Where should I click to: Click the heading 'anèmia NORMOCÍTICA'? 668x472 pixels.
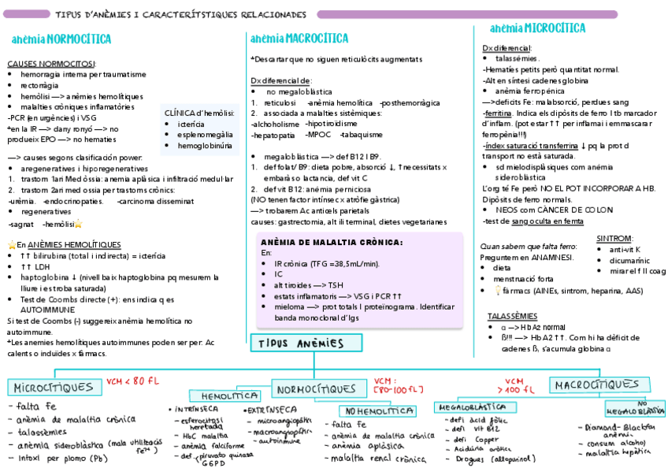(x=61, y=39)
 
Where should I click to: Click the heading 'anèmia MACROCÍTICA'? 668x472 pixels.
(x=299, y=38)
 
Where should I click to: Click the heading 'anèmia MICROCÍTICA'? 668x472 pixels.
(x=537, y=28)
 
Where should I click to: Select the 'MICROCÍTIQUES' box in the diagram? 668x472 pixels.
(x=53, y=388)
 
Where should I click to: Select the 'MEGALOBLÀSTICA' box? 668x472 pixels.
(x=471, y=407)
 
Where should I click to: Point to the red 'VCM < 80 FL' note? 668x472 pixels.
(x=133, y=381)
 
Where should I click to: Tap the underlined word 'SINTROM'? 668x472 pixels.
(x=614, y=238)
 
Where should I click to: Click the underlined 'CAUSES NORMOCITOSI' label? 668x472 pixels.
(x=51, y=63)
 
